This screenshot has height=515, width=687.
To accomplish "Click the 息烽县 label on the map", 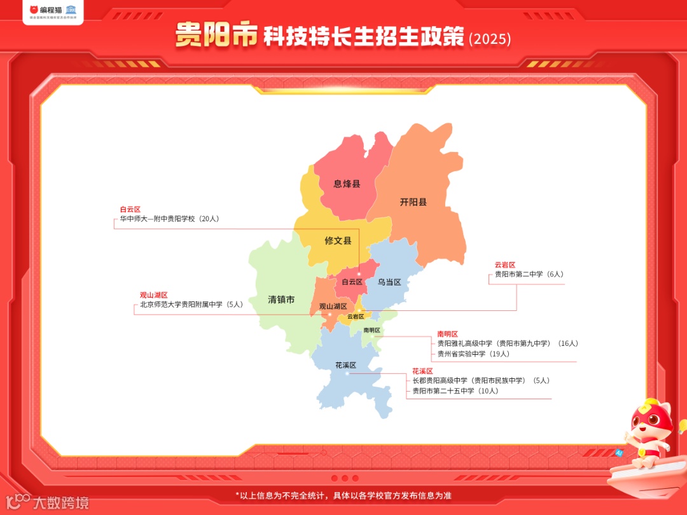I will tap(347, 184).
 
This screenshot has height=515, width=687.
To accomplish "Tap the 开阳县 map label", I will tap(413, 202).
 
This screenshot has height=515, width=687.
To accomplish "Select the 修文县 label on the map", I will tap(338, 241).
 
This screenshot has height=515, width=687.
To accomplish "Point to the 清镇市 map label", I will tap(281, 299).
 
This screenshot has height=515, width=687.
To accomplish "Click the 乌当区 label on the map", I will tap(389, 282).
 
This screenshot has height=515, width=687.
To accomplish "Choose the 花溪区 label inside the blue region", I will tap(345, 365).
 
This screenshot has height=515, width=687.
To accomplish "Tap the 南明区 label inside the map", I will tap(371, 330).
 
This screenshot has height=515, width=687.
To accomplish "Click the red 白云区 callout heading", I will tap(130, 209).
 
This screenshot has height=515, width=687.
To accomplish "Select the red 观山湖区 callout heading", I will tap(154, 295).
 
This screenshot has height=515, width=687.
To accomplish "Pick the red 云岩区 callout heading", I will tap(505, 265).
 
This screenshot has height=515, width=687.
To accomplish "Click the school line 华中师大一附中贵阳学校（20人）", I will tap(169, 219).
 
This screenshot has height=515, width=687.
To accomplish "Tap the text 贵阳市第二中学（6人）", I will tap(529, 275).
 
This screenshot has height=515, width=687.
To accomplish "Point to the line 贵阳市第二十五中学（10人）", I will tap(455, 390).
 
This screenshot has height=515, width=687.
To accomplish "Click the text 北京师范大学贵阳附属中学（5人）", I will tap(191, 305).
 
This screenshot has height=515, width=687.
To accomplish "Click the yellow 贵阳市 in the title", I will tap(216, 36).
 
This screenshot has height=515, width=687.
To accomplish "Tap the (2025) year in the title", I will tap(490, 39).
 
